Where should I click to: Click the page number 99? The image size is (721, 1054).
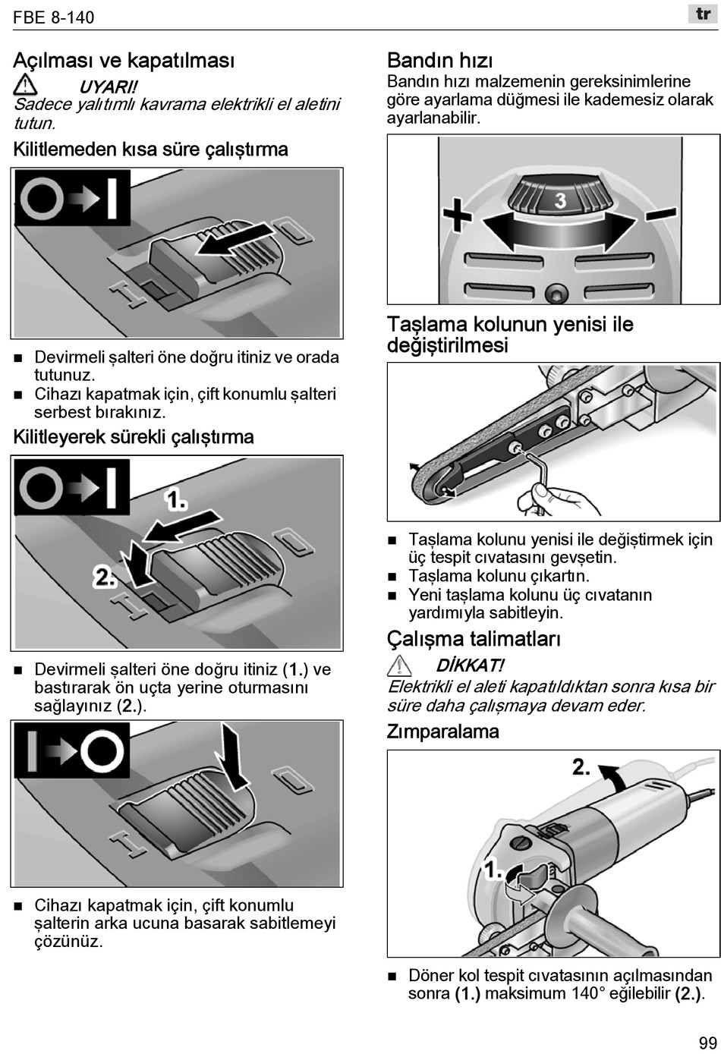point(707,1043)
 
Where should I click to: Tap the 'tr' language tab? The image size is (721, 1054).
point(703,14)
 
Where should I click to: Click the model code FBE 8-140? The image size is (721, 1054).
point(54,17)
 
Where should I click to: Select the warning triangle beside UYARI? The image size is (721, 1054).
point(25,84)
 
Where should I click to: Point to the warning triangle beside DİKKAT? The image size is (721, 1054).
point(399,666)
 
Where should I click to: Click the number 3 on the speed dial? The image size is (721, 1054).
point(560,200)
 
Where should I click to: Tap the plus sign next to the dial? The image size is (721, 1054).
point(457,218)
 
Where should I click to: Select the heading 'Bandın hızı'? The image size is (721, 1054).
point(439,60)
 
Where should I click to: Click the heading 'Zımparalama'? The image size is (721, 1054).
point(442,732)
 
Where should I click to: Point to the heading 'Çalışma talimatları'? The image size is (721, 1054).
point(474,639)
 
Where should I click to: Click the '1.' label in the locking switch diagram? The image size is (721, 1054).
point(176,500)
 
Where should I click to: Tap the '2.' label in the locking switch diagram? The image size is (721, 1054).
point(105,577)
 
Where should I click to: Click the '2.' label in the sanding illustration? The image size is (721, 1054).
point(581,766)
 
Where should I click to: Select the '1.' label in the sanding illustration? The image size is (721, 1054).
point(493,869)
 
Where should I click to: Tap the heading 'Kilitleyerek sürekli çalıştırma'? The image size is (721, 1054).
point(134,437)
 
